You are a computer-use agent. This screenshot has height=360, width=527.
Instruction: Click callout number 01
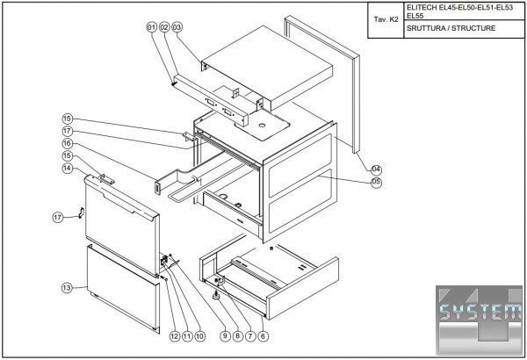click(x=151, y=27)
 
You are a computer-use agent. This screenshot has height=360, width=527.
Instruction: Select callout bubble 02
click(x=163, y=27)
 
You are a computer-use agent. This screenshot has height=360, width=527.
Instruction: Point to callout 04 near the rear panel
click(x=376, y=169)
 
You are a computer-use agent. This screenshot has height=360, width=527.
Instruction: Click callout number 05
click(x=376, y=182)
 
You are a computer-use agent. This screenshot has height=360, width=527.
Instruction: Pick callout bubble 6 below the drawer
click(x=263, y=335)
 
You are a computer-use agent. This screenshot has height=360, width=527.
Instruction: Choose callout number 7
click(x=250, y=335)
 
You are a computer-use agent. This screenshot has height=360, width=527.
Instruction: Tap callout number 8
click(x=237, y=335)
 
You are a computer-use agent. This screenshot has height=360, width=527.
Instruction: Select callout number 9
click(x=225, y=335)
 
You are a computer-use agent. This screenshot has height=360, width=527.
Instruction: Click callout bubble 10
click(x=199, y=335)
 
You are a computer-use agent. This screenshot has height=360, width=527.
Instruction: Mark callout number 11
click(x=186, y=335)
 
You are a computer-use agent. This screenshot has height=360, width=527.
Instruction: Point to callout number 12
click(x=174, y=335)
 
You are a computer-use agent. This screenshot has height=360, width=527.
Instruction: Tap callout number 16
click(x=67, y=143)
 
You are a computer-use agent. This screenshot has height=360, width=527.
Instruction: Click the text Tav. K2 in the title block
click(x=386, y=17)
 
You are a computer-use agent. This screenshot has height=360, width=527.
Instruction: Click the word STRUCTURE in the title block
click(x=474, y=28)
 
